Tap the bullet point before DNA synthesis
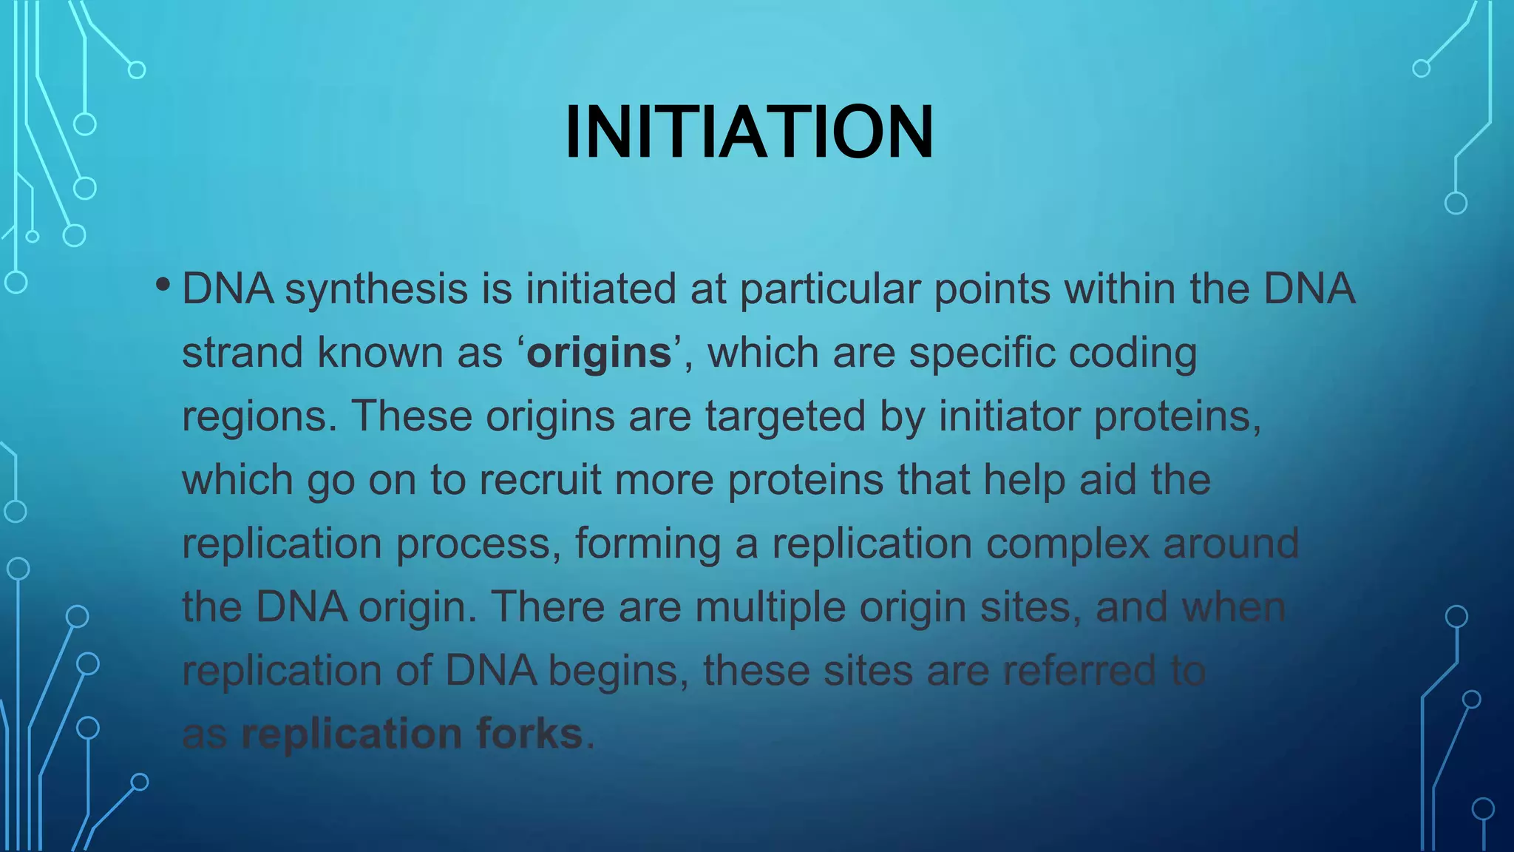coord(163,285)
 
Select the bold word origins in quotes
coord(599,353)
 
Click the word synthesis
coord(376,289)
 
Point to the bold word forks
coord(529,734)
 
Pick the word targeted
coord(785,416)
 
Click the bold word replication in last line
coord(352,734)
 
